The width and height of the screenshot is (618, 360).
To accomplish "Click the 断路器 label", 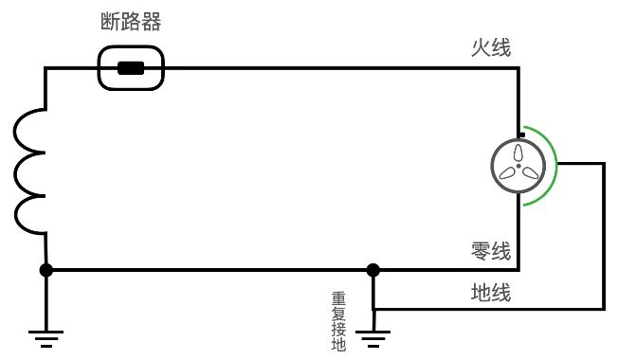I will (x=132, y=22).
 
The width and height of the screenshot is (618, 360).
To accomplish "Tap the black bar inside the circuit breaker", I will (x=131, y=68).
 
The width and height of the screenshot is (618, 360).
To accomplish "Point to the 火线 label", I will (x=491, y=47).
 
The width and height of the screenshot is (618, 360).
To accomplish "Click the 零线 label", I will (x=491, y=252).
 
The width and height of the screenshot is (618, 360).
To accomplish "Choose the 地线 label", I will (x=491, y=293).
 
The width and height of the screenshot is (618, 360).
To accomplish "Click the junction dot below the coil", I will (x=46, y=270).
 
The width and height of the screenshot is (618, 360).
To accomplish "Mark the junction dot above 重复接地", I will (x=373, y=270).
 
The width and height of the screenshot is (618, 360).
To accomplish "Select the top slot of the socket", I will (x=518, y=153).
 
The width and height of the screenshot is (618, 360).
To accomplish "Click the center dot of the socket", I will (x=518, y=167).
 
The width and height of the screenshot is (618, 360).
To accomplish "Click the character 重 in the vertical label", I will (x=338, y=297).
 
